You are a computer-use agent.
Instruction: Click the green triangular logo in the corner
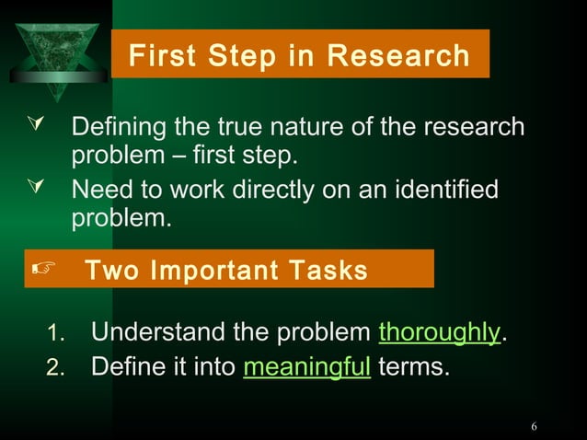(58, 48)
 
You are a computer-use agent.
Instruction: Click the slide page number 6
(534, 426)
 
